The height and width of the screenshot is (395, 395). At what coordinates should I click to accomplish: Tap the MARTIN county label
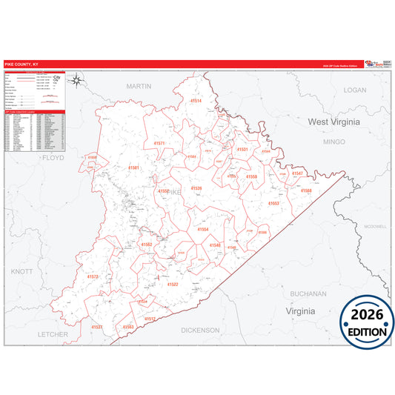point(138,87)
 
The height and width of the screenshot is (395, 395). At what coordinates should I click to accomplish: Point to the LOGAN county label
point(355,90)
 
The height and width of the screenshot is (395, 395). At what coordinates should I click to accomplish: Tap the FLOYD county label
point(53,158)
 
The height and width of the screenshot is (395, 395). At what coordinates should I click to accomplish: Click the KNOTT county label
point(22,272)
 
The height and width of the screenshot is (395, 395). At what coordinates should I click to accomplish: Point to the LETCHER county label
point(53,334)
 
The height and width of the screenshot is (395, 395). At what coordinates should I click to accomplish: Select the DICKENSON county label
point(200,330)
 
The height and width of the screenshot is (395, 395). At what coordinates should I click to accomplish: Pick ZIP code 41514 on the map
point(196,101)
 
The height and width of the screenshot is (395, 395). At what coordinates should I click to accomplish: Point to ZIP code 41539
point(196,188)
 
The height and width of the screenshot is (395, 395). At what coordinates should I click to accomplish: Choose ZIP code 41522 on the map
point(172,284)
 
